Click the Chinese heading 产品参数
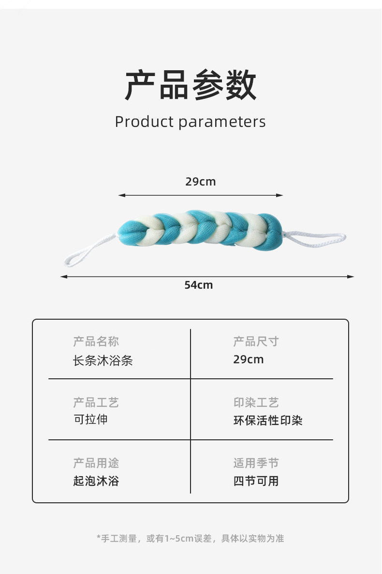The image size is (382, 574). click(191, 85)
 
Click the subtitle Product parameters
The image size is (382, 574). click(191, 122)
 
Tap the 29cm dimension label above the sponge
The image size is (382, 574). click(201, 182)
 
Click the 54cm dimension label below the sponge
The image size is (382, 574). click(198, 285)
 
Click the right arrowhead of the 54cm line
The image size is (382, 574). click(351, 277)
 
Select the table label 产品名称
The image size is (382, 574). click(96, 341)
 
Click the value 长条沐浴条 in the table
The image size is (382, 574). click(103, 361)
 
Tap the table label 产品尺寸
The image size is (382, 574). click(256, 341)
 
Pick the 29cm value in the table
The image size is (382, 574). click(249, 359)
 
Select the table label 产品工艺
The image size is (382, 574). click(96, 403)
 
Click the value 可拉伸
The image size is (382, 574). click(90, 419)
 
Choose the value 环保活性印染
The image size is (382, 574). click(268, 420)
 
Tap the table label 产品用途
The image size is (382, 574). click(96, 464)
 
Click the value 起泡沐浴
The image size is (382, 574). click(96, 481)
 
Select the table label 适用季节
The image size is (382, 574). click(256, 464)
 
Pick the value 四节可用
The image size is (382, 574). click(256, 481)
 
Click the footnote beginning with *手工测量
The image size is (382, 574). click(191, 538)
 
